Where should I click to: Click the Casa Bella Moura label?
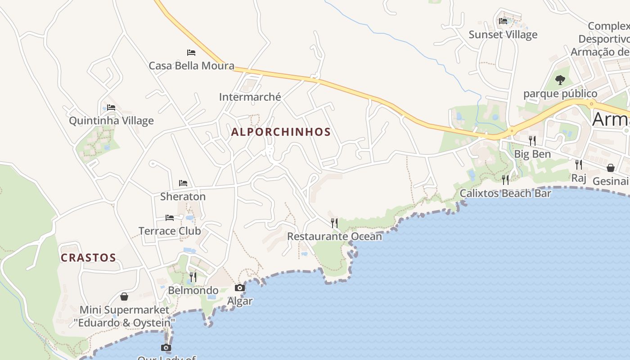tap(191, 66)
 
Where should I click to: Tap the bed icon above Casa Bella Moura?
tap(191, 53)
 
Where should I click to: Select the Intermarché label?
tap(250, 97)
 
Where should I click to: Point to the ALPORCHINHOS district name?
tap(281, 132)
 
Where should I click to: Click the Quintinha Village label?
tap(111, 121)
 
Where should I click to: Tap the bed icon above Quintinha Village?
tap(111, 108)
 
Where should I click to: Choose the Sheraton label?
tap(183, 197)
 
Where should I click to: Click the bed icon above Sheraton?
tap(183, 183)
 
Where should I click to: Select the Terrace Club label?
tap(170, 231)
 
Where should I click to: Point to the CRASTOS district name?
tap(88, 258)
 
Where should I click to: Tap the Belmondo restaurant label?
tap(193, 291)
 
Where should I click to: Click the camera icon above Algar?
tap(240, 288)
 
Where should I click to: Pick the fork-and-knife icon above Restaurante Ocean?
tap(334, 223)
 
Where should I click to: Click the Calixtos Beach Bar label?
tap(505, 193)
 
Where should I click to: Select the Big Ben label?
tap(532, 154)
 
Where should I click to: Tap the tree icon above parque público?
tap(560, 80)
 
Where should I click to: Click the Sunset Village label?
tap(503, 35)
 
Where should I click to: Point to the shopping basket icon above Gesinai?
tap(611, 168)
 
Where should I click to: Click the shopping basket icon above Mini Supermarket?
tap(124, 297)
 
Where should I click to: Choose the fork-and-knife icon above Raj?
tap(579, 165)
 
